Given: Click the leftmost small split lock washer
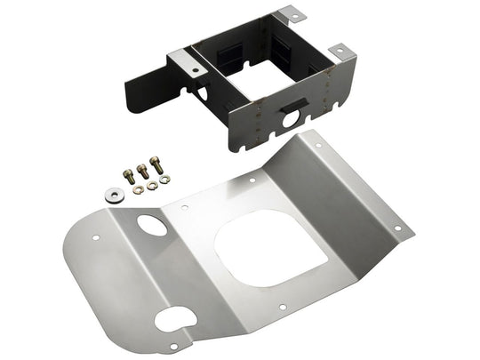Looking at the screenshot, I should (137, 189).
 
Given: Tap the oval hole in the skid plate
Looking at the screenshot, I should (152, 224).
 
